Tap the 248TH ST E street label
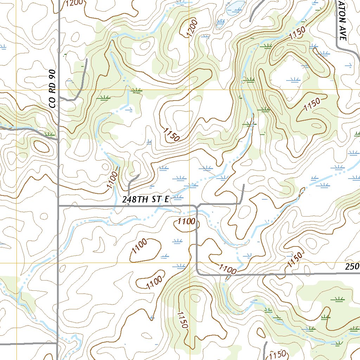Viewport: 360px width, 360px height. coord(146,199)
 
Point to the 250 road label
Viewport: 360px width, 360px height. coord(352,266)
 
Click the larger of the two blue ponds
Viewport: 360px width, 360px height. coord(235,7)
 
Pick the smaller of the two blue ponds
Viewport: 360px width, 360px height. coord(220,23)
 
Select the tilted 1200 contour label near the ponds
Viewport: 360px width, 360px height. coord(192,28)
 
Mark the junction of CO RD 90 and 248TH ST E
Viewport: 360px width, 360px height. coord(58,205)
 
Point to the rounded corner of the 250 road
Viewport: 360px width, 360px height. coord(198,272)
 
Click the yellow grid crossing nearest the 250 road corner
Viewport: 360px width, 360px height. coord(189,263)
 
